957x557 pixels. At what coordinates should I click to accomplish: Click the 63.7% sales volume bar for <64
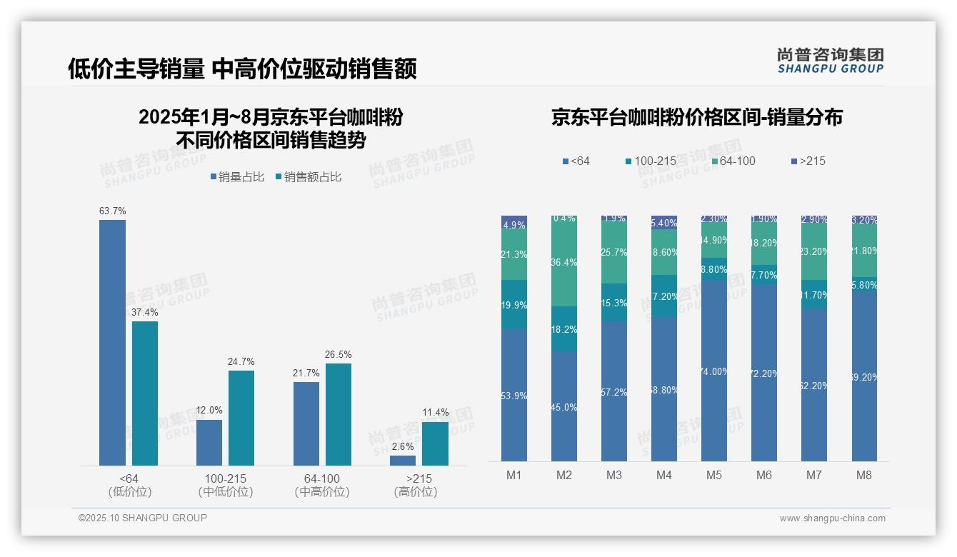(112, 343)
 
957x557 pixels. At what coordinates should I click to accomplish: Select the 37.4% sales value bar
(145, 393)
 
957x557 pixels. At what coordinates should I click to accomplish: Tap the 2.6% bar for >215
(403, 461)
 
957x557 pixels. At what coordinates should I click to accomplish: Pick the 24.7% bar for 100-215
(241, 418)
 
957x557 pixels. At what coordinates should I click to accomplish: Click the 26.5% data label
(339, 355)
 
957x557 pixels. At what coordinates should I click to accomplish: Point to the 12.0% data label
(209, 411)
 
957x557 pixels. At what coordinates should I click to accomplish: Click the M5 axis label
(714, 476)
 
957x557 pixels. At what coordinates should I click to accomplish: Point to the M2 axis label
(564, 476)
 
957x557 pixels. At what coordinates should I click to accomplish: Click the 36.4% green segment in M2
(564, 262)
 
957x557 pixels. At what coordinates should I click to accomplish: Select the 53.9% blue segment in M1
(514, 395)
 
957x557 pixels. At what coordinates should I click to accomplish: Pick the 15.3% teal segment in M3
(614, 303)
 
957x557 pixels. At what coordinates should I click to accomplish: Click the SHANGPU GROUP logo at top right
(830, 61)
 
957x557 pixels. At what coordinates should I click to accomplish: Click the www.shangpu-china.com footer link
(832, 518)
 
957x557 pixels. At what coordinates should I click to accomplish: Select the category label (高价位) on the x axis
(415, 492)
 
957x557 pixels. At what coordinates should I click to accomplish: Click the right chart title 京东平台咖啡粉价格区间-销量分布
(696, 117)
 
